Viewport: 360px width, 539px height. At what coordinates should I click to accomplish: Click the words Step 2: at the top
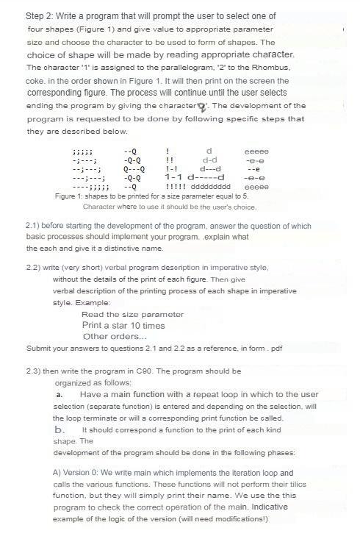(43, 16)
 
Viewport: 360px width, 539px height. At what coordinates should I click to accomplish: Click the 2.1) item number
(35, 226)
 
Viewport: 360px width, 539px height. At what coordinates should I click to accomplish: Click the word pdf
(276, 348)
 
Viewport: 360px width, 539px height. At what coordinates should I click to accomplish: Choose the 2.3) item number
(35, 371)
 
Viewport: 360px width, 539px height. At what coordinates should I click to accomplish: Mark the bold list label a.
(59, 395)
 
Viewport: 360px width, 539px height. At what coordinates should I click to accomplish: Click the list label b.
(60, 429)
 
